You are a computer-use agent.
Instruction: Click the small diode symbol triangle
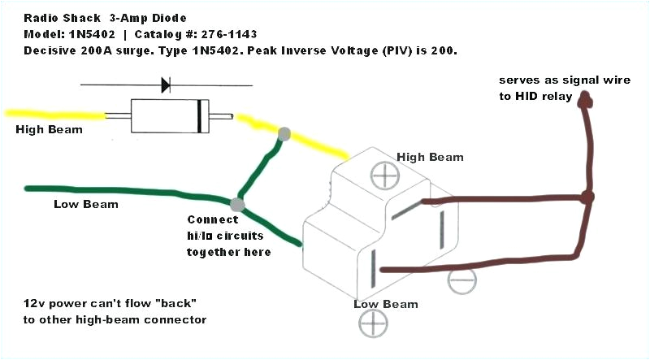coord(166,84)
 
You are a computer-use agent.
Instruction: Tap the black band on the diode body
coord(200,116)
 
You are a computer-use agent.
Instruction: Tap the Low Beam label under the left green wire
coord(86,203)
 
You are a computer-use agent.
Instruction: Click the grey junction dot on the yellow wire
coord(284,133)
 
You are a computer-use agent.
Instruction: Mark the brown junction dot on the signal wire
coord(588,197)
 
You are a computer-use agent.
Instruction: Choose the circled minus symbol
coord(460,280)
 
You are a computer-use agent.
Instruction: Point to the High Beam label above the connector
coord(430,157)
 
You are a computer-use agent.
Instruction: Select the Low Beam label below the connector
coord(385,304)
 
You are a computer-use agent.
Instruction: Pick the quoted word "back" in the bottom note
coord(176,303)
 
